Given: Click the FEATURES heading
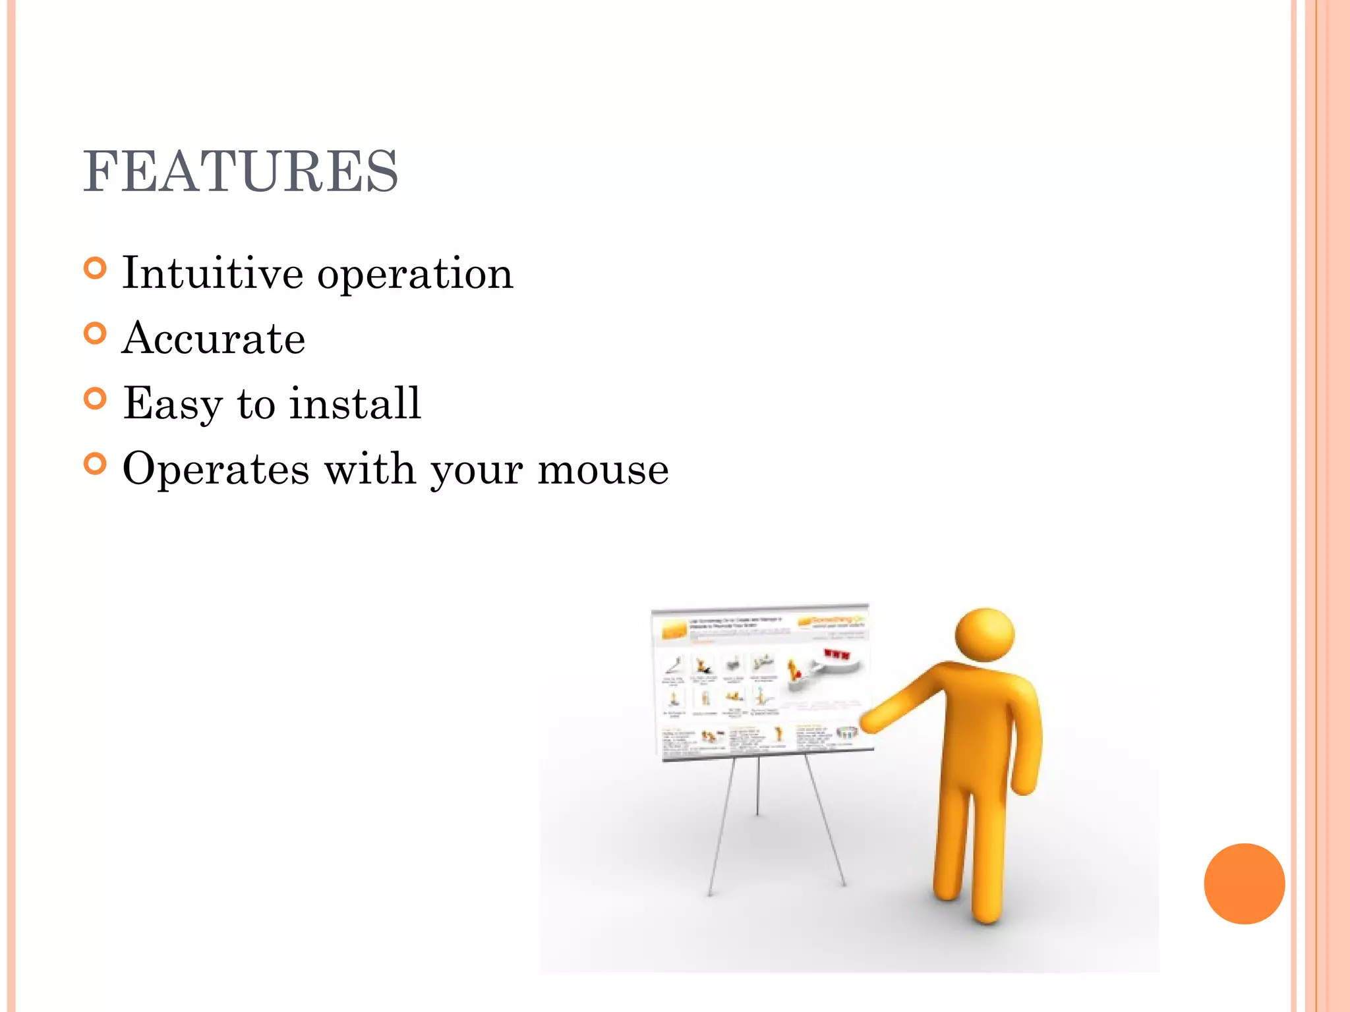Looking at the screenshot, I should click(241, 171).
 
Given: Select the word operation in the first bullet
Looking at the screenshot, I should click(415, 274).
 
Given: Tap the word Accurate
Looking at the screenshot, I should click(214, 339).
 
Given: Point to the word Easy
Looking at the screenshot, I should click(173, 404).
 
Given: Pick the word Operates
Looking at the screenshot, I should click(216, 470).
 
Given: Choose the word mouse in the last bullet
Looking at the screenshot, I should click(602, 470).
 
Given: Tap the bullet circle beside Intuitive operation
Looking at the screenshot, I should click(96, 269).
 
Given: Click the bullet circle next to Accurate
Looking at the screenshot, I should click(96, 334).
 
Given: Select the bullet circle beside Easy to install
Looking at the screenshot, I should click(96, 399).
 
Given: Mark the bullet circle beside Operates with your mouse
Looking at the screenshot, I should click(96, 464).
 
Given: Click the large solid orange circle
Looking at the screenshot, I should click(1244, 884).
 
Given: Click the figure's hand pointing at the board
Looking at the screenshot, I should click(872, 721).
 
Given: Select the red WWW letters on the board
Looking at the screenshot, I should click(836, 654).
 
